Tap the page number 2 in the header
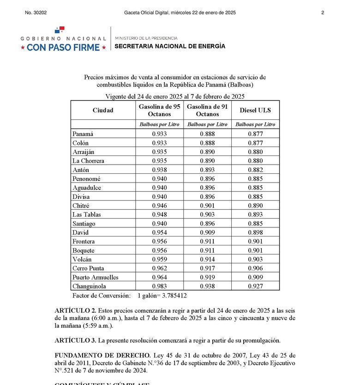323,13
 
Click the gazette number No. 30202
37,13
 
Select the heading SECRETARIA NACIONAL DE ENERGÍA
170,46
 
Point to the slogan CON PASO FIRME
63,47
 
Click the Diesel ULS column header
255,110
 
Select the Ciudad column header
102,110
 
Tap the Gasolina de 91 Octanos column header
207,110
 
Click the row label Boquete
83,250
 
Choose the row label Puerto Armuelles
95,277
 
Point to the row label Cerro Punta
88,268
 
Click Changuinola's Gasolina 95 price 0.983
159,286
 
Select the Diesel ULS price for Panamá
255,134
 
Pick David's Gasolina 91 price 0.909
207,233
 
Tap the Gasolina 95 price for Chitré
159,206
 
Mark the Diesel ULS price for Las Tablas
255,215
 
